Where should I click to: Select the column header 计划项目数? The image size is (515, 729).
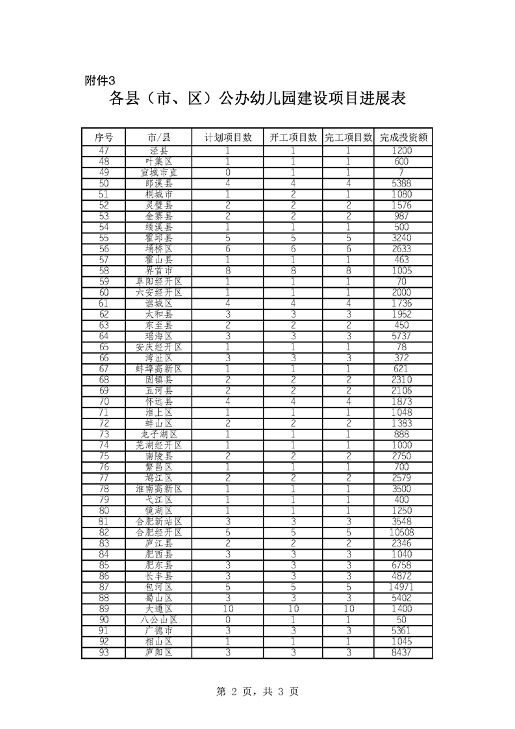(227, 137)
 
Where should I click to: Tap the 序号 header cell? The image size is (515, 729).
(104, 137)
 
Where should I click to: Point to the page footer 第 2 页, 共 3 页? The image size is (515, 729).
(257, 692)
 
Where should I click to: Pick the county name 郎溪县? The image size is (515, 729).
(159, 183)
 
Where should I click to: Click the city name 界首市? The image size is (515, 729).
(159, 270)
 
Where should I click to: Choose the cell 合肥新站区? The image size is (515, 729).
(159, 521)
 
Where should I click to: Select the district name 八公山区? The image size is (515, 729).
(159, 619)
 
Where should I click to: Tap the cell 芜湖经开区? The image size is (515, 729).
(159, 445)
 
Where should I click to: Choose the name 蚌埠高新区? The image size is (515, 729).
(159, 368)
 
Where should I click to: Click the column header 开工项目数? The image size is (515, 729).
(294, 137)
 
